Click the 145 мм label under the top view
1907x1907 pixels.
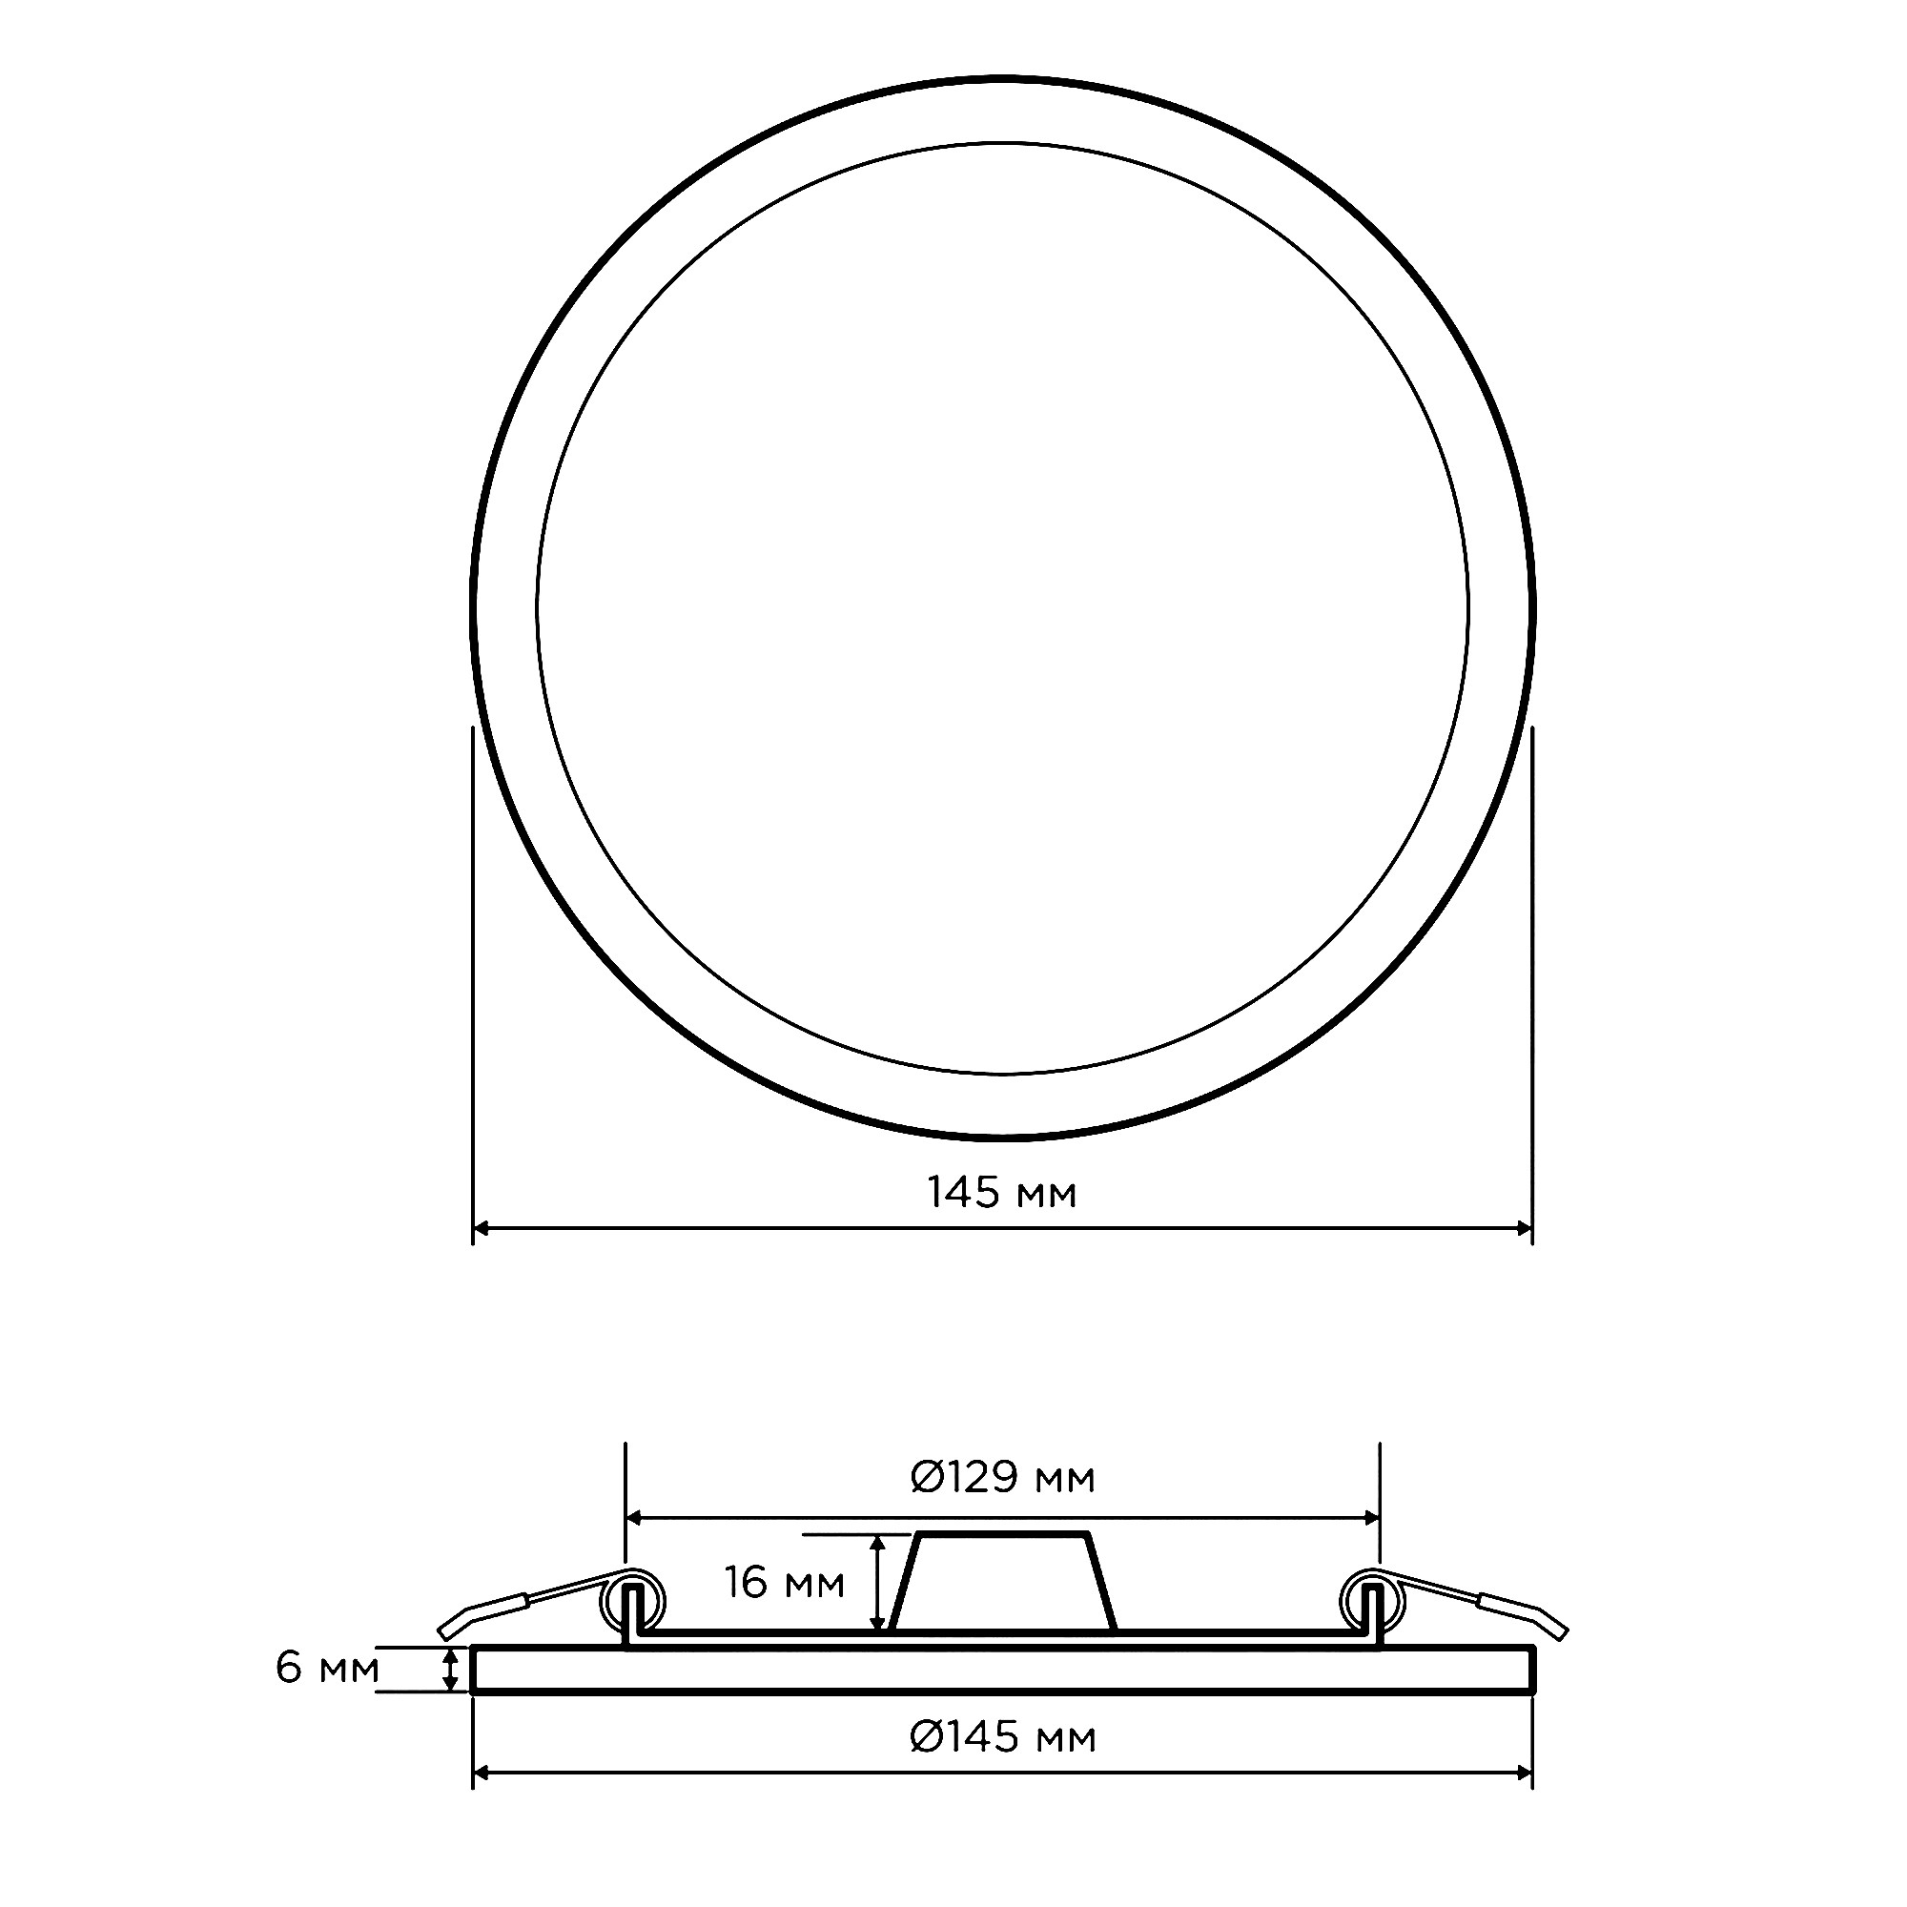point(1002,1194)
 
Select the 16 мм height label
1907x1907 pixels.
point(785,1582)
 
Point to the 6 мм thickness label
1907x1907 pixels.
point(327,1667)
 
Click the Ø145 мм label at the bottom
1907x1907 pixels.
point(1002,1764)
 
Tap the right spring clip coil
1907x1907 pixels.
point(1372,1600)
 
